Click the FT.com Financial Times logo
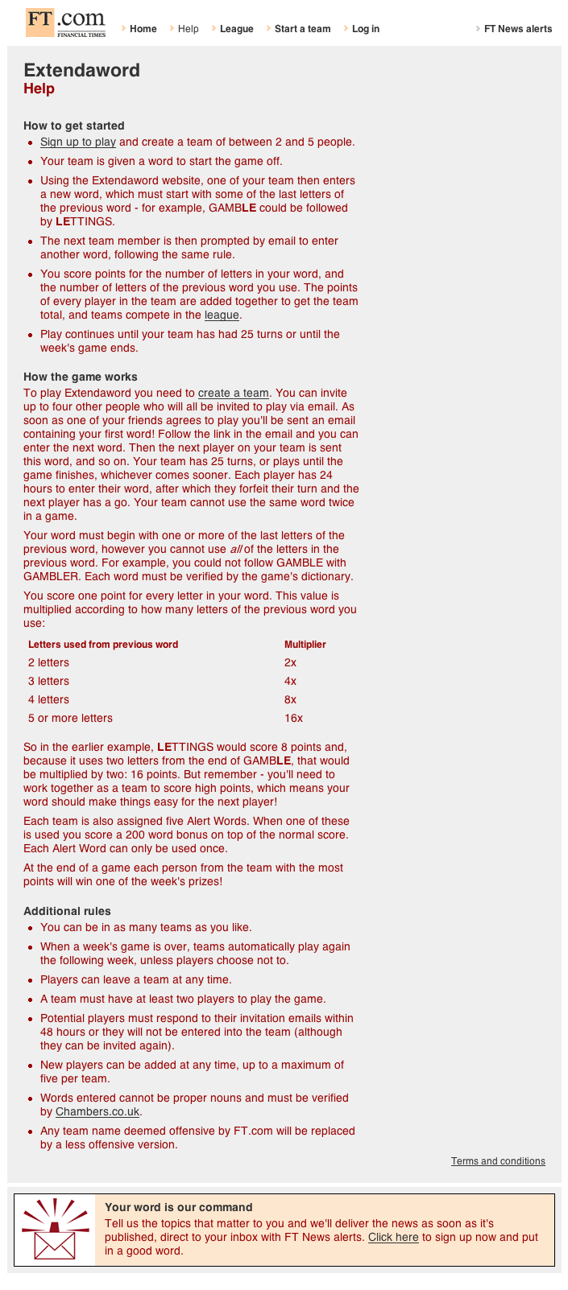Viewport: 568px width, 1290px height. pos(65,23)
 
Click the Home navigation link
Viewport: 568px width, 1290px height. pos(143,29)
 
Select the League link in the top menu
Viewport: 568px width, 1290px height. pos(236,29)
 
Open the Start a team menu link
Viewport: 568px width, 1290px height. pos(302,29)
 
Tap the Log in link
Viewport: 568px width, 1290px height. pos(365,29)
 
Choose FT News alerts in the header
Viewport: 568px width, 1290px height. pos(517,29)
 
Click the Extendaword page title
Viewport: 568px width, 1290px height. pos(81,70)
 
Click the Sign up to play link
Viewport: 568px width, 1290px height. pos(78,142)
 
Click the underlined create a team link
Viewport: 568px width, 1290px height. pos(233,393)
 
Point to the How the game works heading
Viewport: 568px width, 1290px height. pos(81,377)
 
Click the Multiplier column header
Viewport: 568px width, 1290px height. pos(305,645)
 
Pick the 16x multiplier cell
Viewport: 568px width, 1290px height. pos(293,718)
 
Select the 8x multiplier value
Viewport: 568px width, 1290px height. pos(290,699)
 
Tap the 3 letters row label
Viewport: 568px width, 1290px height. pos(48,681)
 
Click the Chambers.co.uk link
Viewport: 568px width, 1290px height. pos(97,1111)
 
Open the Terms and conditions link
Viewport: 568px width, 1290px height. pos(498,1161)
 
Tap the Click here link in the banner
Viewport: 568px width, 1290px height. pos(393,1237)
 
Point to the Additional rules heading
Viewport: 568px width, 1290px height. pos(67,911)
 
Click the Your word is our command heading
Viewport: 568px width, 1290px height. pos(178,1207)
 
